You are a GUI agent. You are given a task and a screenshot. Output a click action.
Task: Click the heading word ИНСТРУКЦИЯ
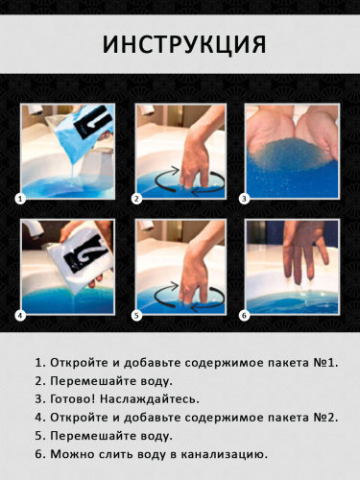180,45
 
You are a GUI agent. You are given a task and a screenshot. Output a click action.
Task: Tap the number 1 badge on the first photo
18,199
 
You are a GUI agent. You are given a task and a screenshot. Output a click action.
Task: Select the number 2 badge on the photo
136,199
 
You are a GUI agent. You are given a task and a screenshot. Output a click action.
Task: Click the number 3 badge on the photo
245,199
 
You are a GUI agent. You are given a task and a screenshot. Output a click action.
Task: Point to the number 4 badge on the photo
18,314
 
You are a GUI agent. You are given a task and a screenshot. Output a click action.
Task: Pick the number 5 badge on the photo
136,314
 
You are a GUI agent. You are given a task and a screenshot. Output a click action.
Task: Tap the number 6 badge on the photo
245,314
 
